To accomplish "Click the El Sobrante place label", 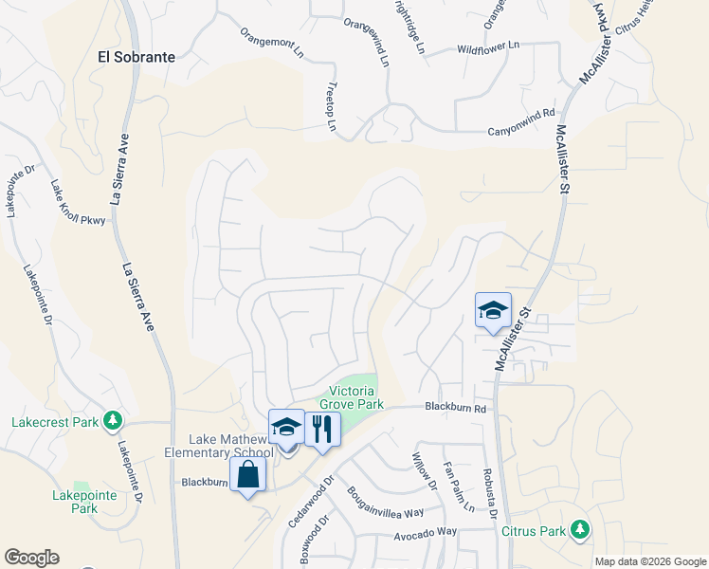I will pos(136,57).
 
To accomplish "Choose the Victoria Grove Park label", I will pos(356,397).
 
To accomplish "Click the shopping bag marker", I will pos(247,476).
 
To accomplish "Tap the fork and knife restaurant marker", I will pos(322,430).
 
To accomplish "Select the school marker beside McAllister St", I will pos(493,311).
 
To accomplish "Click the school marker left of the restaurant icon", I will pos(286,428).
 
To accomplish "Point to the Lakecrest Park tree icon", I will pos(113,419).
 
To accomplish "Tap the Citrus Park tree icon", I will pos(577,529).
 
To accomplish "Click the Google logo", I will pos(31,558).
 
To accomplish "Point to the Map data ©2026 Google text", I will pos(649,561).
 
